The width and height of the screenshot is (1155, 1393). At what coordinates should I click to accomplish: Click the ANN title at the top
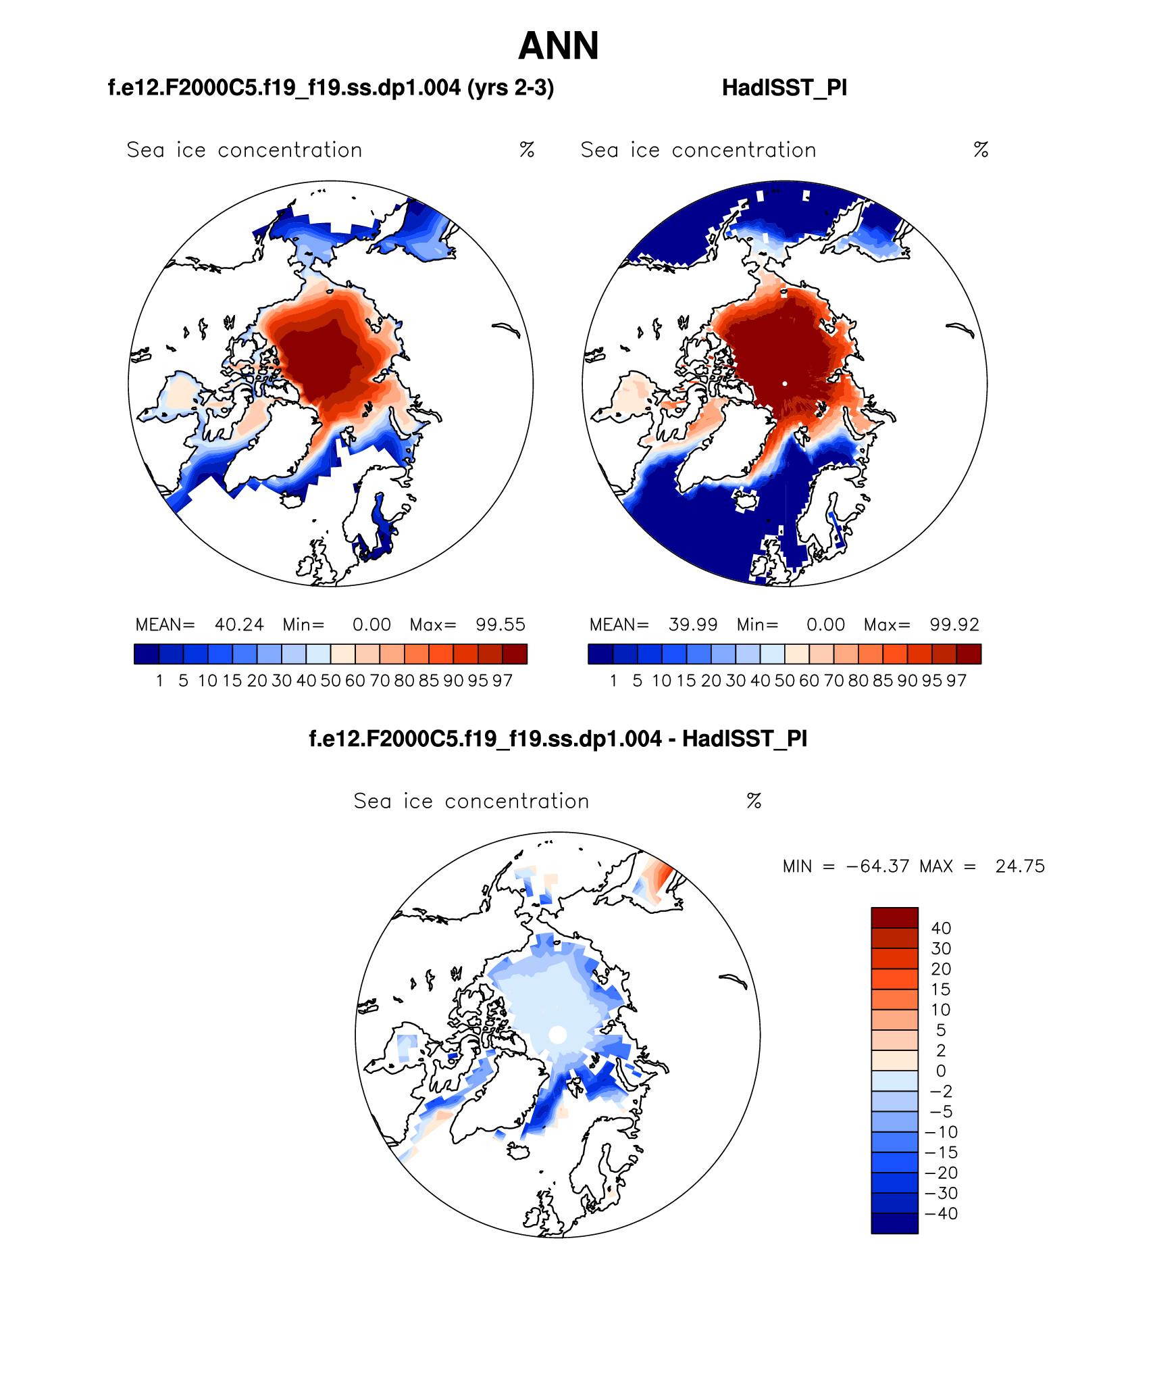point(559,46)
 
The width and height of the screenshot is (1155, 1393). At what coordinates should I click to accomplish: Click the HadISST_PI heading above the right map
point(784,88)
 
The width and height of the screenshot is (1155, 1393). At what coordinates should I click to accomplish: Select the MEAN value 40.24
point(239,625)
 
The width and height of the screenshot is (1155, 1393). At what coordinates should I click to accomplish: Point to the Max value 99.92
point(954,625)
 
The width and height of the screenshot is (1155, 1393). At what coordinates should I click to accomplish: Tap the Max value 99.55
point(500,625)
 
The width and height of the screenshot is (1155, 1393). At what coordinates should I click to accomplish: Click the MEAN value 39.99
point(693,625)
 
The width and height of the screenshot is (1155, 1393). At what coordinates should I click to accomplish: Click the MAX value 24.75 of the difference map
point(1020,866)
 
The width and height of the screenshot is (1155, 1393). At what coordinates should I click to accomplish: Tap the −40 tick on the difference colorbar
point(942,1214)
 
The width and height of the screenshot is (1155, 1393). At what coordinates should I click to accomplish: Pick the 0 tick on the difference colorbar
point(941,1071)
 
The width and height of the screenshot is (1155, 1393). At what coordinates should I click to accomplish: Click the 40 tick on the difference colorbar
point(941,929)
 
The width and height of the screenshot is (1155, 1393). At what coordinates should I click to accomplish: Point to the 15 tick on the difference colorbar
point(941,989)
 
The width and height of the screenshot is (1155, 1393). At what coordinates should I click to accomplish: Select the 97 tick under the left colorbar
point(503,681)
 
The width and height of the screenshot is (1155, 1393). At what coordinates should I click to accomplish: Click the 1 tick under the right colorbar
point(613,681)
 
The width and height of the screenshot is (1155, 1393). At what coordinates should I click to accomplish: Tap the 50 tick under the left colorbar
point(330,681)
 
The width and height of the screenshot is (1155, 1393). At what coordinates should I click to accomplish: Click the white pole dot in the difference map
point(557,1035)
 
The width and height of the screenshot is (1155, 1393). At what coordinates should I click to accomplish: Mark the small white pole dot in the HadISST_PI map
point(785,383)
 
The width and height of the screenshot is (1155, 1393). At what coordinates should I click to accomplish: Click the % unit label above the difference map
point(754,802)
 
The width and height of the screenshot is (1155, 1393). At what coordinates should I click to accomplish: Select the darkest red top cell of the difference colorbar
point(894,918)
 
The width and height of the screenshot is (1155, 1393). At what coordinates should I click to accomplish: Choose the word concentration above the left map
point(290,150)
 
